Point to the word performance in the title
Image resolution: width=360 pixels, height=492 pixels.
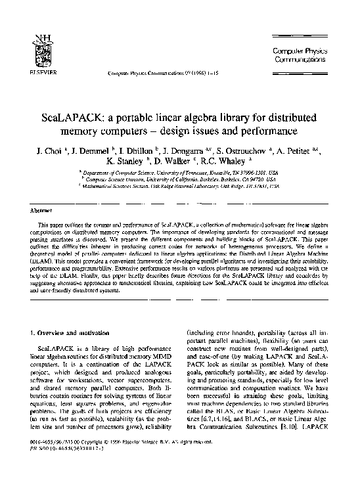pos(262,131)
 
